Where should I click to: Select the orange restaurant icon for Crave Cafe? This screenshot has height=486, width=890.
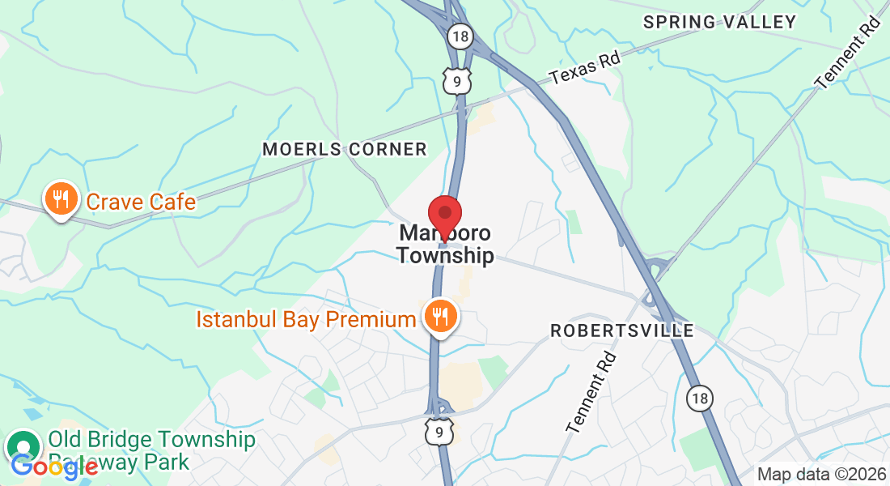[61, 198]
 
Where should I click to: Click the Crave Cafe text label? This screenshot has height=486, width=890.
[141, 201]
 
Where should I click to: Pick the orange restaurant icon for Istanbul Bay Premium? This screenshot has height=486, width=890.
[440, 315]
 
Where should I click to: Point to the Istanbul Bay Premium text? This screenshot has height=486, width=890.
[306, 319]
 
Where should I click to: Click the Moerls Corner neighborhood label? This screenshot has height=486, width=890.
[345, 149]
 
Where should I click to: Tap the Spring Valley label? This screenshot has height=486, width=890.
[720, 22]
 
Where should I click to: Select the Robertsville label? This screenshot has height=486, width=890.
[622, 330]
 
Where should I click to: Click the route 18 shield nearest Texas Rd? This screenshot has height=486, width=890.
[460, 36]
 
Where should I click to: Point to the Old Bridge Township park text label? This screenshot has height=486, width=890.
[151, 450]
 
